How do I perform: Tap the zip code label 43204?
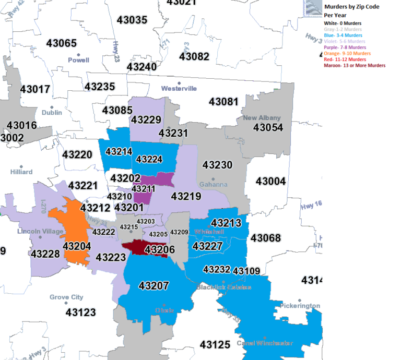[x=77, y=246]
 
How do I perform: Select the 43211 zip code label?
[x=143, y=188]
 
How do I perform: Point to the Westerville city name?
[x=179, y=88]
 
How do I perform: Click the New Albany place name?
[x=262, y=118]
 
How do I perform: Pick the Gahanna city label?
[x=213, y=184]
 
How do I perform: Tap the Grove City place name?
[x=66, y=297]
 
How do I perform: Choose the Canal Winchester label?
[x=265, y=343]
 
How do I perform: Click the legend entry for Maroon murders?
[x=355, y=66]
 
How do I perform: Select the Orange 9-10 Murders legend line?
[x=347, y=54]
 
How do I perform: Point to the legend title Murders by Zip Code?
[x=351, y=7]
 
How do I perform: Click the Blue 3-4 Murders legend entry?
[x=343, y=35]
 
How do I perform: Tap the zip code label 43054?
[x=268, y=127]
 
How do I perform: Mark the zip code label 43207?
[x=154, y=285]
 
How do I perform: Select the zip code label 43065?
[x=62, y=43]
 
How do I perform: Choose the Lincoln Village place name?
[x=40, y=231]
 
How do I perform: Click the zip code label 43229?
[x=146, y=120]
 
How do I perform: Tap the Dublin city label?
[x=52, y=112]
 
